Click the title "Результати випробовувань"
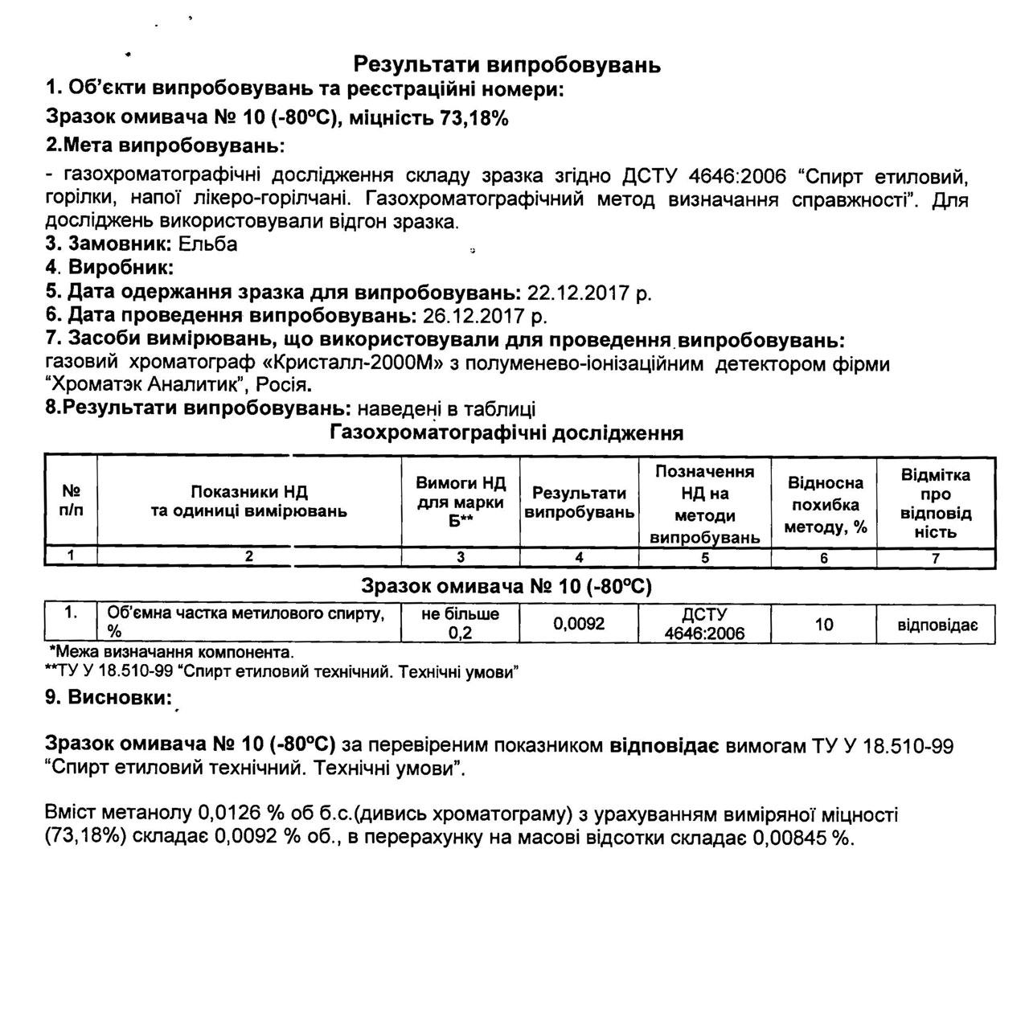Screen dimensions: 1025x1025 pos(507,64)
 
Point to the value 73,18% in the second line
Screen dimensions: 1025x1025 pos(474,118)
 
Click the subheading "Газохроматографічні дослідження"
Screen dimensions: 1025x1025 pos(506,433)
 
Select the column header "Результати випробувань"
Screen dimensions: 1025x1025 pos(579,502)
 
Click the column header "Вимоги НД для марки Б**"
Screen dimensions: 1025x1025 pos(460,502)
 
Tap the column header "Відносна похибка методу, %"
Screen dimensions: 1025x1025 pos(825,505)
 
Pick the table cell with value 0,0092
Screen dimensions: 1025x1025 pos(579,624)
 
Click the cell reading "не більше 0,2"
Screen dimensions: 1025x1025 pos(460,624)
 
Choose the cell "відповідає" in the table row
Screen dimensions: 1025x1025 pos(937,625)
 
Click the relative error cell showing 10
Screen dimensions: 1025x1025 pos(824,624)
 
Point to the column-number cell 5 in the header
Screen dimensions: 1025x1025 pos(705,557)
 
